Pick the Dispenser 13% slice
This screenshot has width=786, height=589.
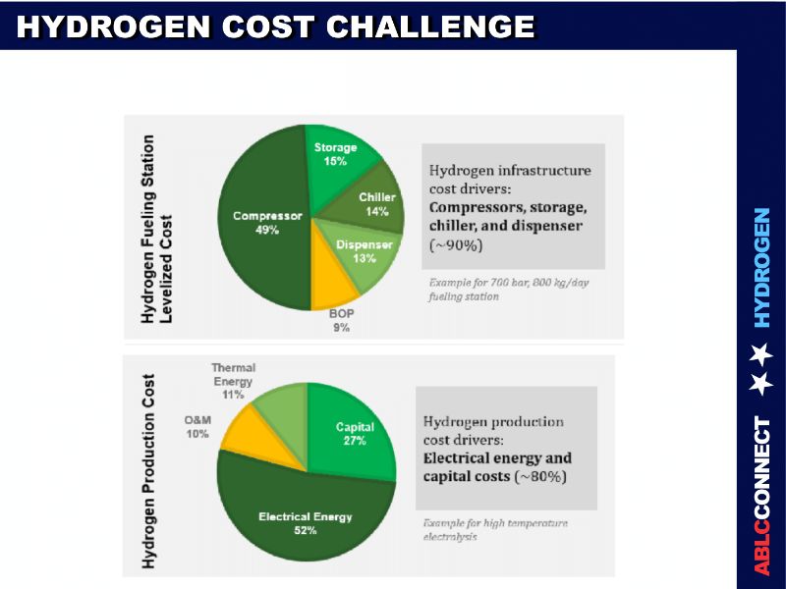click(364, 255)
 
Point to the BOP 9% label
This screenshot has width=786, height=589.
click(340, 321)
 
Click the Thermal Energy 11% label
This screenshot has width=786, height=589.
click(232, 381)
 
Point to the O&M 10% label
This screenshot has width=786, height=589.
click(196, 426)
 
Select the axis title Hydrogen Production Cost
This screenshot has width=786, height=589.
click(149, 469)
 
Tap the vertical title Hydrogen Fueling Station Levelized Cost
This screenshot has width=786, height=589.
click(157, 229)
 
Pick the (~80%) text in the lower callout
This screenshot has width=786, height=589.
click(540, 476)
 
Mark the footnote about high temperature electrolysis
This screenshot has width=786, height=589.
click(494, 529)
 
